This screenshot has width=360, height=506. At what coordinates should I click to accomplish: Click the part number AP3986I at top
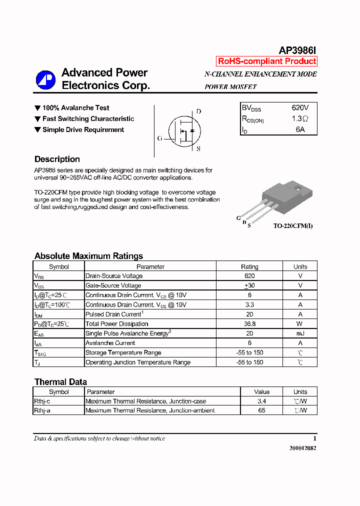[297, 50]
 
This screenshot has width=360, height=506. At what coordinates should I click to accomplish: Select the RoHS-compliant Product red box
[267, 61]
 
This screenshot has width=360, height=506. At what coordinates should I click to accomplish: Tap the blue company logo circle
[45, 80]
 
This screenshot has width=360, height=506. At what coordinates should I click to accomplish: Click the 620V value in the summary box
[300, 107]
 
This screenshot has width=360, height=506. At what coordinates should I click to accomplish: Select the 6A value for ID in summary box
[300, 129]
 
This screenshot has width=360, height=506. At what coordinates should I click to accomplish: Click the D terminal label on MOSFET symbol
[198, 111]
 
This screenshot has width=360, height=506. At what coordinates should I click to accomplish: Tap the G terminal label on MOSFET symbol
[159, 138]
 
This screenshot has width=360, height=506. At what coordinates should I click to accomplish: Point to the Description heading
[57, 159]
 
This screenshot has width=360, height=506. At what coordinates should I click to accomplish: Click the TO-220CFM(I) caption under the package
[293, 226]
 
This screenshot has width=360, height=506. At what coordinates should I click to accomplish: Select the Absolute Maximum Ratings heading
[88, 256]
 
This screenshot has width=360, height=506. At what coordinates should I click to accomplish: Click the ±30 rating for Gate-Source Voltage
[249, 285]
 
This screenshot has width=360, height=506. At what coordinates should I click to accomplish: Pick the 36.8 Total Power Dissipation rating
[249, 324]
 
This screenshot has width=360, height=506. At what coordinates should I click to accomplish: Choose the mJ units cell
[300, 333]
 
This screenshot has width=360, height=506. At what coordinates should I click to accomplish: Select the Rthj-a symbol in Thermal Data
[42, 410]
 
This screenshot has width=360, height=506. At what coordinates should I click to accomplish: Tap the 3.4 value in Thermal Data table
[261, 401]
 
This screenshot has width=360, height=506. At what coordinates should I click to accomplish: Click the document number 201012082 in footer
[302, 448]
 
